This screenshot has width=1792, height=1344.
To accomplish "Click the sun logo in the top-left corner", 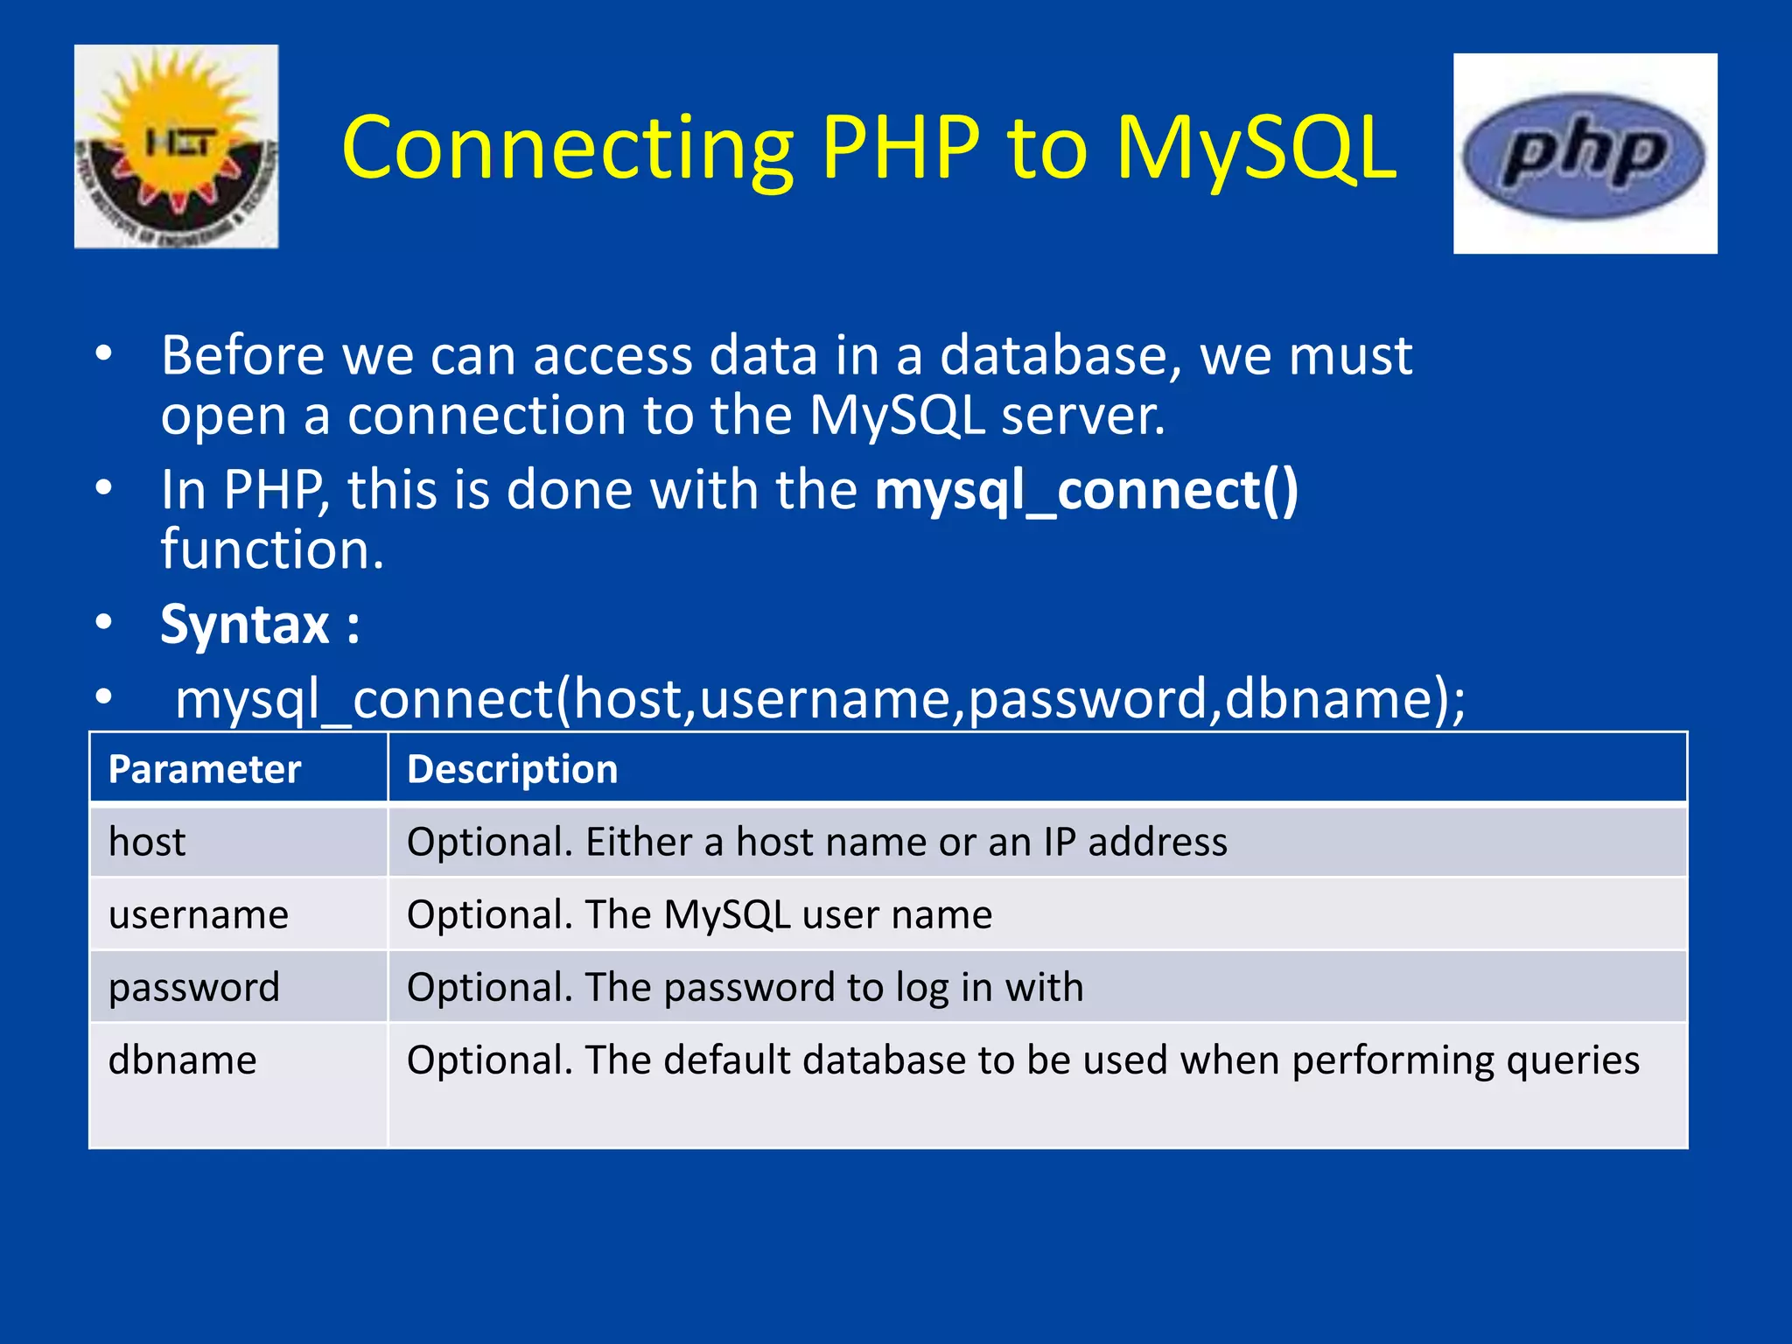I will point(176,147).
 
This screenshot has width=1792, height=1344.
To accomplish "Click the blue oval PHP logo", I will point(1584,156).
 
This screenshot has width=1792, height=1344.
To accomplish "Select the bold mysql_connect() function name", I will point(1087,490).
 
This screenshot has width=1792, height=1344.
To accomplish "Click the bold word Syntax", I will point(245,625).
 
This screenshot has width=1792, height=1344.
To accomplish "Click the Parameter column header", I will point(205,769).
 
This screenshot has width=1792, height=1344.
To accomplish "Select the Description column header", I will point(513,769).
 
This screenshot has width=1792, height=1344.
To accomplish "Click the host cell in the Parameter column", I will point(147,842).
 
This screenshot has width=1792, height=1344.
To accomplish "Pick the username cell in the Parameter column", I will point(199,915).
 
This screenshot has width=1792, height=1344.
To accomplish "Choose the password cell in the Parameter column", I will point(194,988).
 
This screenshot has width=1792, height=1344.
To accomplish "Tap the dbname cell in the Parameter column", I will point(183,1060).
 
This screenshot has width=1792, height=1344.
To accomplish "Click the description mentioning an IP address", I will point(817,842).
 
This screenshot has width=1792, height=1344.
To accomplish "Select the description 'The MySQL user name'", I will point(700,915).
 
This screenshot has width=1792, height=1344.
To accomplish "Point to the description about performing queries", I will point(1023,1060).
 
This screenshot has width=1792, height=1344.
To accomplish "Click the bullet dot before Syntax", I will point(104,623).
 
